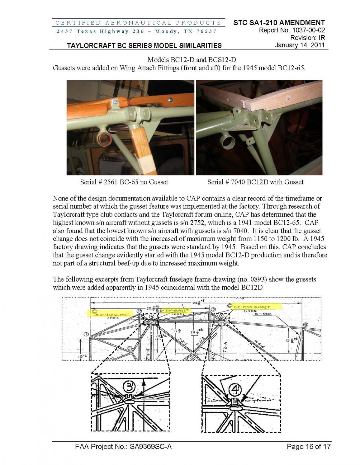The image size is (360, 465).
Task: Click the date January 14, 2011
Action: [300, 45]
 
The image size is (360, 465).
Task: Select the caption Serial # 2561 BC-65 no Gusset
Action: [124, 182]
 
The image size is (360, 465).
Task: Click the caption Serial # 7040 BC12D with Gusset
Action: [255, 182]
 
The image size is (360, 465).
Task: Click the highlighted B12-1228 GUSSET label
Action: [112, 314]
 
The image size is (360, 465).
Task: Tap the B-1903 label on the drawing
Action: [263, 314]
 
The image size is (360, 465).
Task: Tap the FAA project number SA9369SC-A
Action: [123, 447]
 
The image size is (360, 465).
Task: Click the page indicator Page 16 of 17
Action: [309, 447]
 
